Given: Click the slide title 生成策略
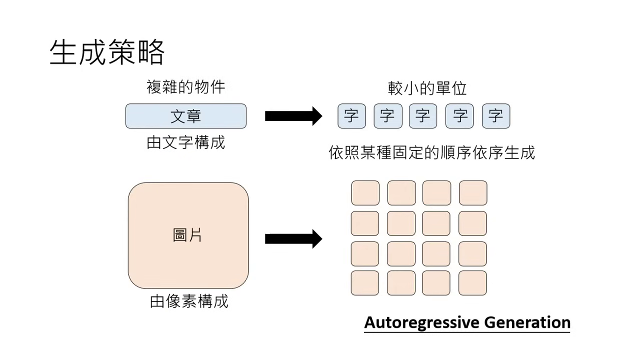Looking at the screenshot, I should click(107, 52).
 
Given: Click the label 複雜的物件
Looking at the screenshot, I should click(185, 87).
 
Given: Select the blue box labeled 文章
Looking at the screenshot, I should click(185, 116).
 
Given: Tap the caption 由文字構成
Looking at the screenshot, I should click(185, 142).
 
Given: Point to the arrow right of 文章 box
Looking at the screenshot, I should click(293, 116).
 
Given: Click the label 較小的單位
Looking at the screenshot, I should click(427, 88).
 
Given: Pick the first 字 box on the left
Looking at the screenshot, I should click(351, 116).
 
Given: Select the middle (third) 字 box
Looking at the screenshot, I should click(423, 116).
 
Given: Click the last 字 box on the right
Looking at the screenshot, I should click(495, 116).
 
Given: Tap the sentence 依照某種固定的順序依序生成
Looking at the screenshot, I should click(431, 152).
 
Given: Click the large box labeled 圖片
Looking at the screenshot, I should click(188, 235).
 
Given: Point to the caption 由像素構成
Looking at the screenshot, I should click(189, 301).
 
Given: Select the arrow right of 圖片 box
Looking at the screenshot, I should click(293, 238).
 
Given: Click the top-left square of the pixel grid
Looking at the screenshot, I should click(365, 193).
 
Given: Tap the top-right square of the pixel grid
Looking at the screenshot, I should click(472, 193).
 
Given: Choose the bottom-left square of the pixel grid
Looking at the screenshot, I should click(365, 283).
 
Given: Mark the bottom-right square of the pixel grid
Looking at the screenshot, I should click(472, 283).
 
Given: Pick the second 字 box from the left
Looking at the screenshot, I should click(387, 116).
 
